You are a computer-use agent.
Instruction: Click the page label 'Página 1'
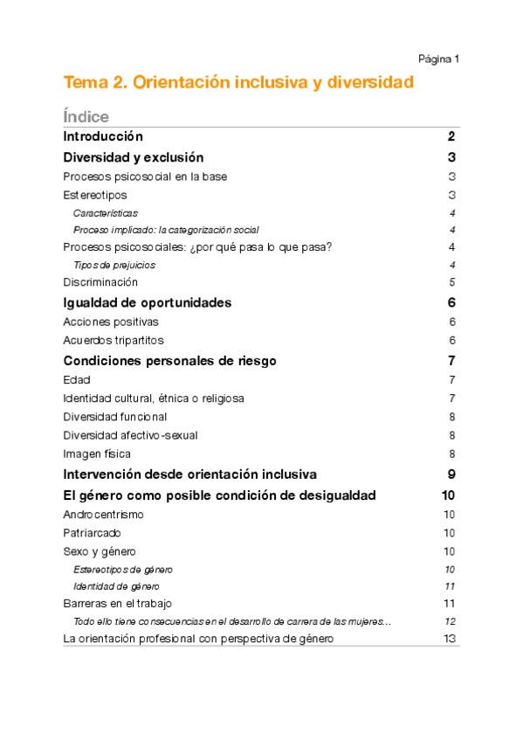(x=438, y=59)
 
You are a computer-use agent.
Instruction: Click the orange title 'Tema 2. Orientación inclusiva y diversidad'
(x=237, y=83)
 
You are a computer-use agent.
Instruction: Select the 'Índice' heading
(x=86, y=116)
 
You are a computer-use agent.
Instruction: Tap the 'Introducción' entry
(x=103, y=137)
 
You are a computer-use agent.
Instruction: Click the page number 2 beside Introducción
(x=451, y=137)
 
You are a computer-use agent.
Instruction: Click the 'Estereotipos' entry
(x=95, y=195)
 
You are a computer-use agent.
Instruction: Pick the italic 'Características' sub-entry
(x=105, y=213)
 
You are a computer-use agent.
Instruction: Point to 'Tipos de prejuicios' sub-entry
(x=116, y=265)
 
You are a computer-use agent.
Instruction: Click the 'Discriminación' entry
(x=100, y=282)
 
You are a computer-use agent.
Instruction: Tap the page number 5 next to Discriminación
(x=452, y=282)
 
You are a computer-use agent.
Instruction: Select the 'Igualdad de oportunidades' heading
(x=148, y=303)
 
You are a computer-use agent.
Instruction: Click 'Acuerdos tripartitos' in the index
(x=114, y=340)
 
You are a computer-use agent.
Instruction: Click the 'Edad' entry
(x=77, y=380)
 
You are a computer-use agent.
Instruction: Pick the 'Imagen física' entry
(x=97, y=454)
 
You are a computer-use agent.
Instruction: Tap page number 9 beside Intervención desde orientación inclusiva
(x=451, y=474)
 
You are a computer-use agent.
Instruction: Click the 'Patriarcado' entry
(x=93, y=533)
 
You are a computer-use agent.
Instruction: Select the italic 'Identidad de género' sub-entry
(x=116, y=586)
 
